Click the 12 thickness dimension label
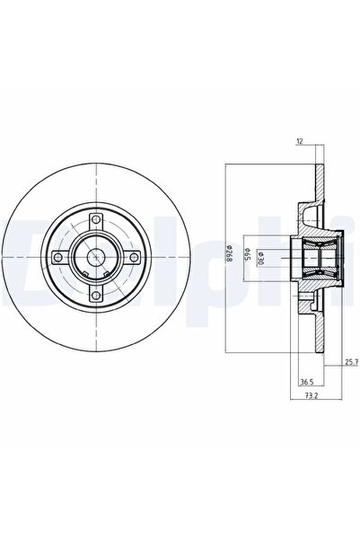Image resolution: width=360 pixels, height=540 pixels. (300, 141)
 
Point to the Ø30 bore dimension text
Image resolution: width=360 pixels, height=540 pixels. (260, 258)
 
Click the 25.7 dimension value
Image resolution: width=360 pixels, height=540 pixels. (351, 362)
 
